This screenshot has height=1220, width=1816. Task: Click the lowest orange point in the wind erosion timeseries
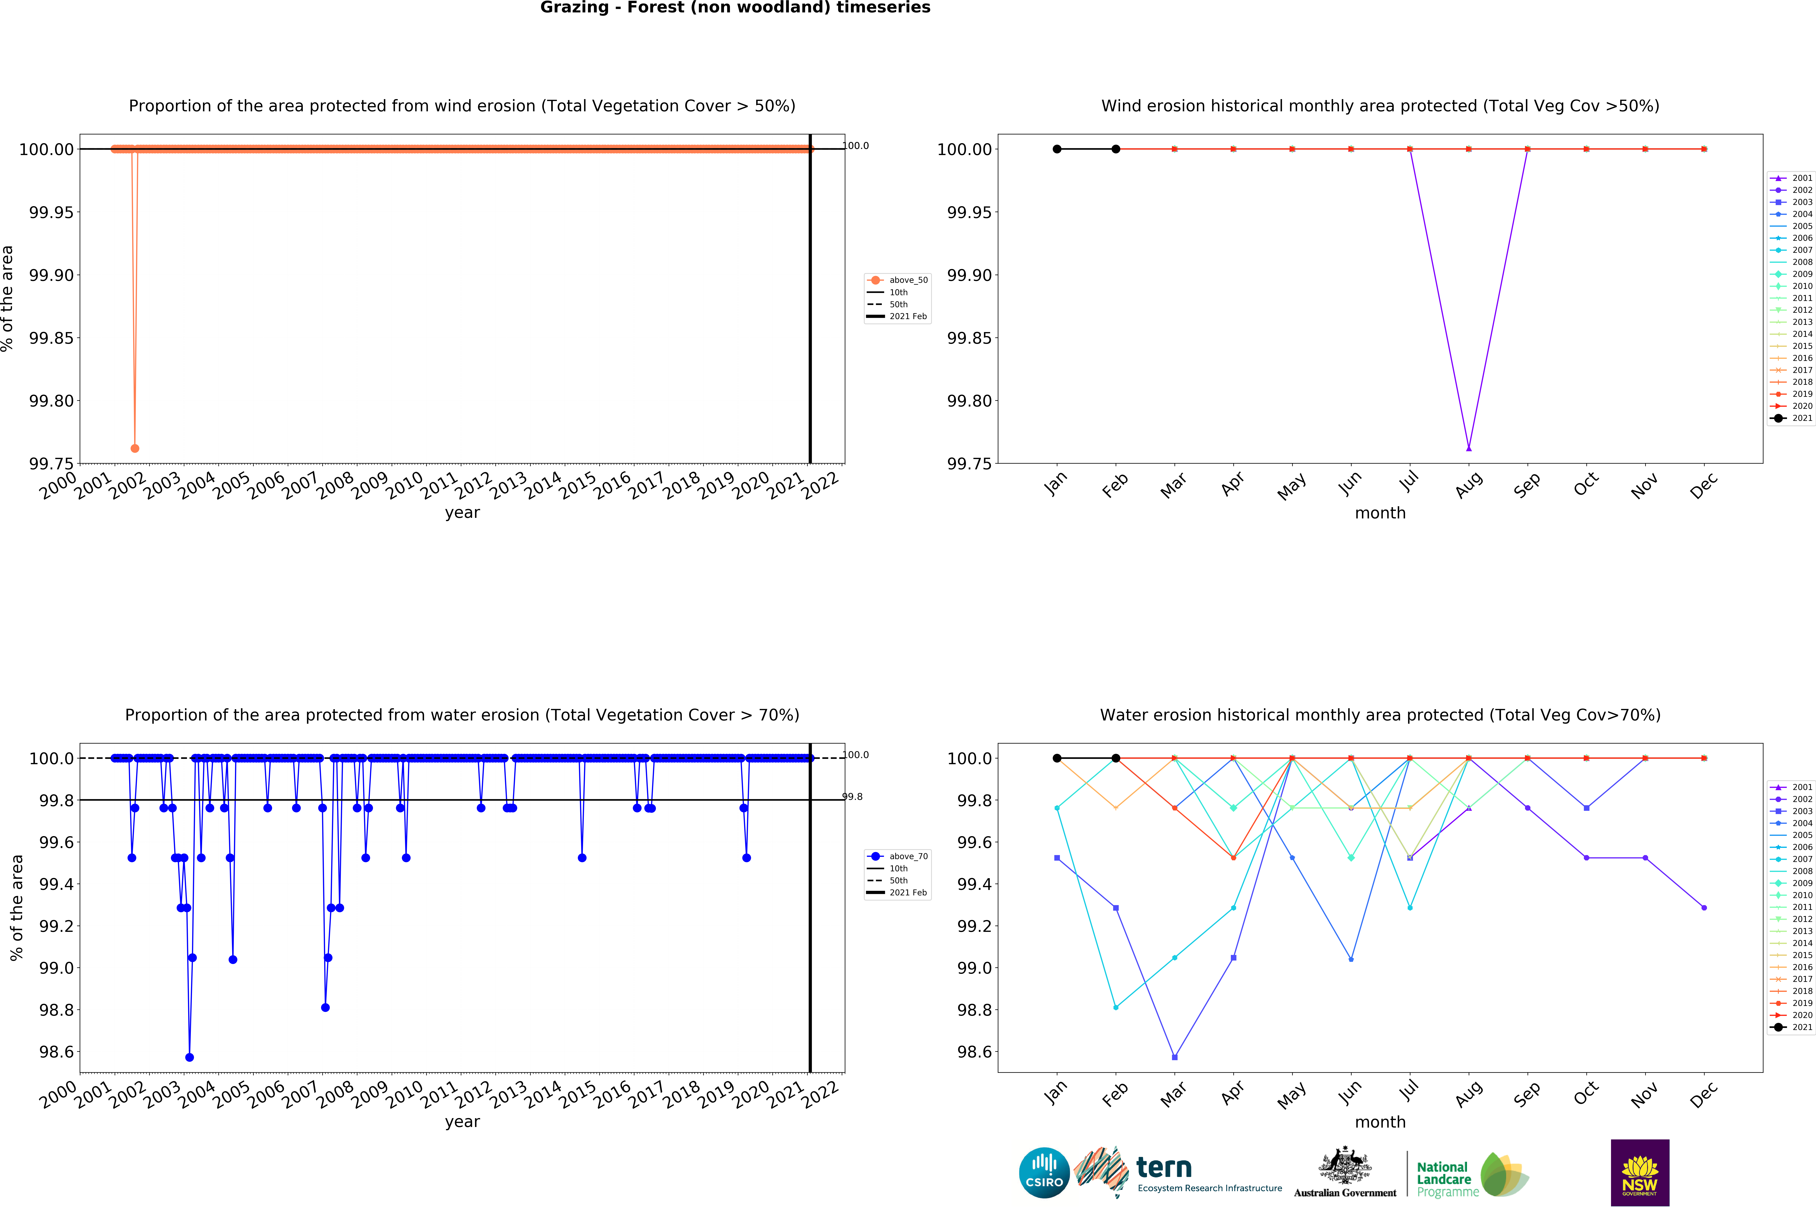135,448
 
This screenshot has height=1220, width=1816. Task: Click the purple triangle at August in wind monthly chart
1468,448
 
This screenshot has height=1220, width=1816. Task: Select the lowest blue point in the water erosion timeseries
189,1057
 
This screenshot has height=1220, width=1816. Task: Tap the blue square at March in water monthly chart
1175,1057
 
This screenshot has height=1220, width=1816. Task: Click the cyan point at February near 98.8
1115,1008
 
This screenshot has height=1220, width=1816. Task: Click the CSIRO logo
1044,1172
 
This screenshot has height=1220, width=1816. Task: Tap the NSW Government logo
1639,1172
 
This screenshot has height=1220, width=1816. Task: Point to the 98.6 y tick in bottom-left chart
56,1052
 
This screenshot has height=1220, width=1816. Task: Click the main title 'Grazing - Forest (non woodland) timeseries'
735,8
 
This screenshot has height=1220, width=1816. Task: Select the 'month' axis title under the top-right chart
1380,513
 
